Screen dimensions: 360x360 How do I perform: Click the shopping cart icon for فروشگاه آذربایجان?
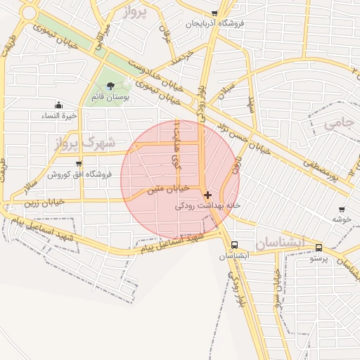click(214, 13)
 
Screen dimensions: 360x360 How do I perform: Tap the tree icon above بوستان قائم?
click(110, 86)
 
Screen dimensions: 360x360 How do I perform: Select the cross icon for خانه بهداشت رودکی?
click(207, 195)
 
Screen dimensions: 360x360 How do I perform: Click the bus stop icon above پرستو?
click(319, 248)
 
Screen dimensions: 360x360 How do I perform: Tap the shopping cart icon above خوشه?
click(342, 210)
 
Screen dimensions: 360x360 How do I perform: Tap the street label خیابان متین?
click(169, 189)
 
